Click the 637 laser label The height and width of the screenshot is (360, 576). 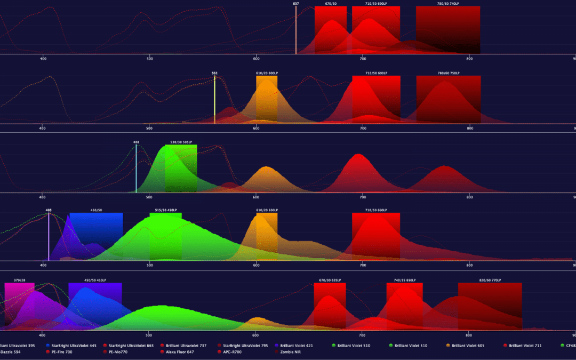[296, 4]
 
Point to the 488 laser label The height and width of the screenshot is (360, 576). [137, 142]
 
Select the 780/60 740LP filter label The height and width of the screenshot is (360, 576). [447, 4]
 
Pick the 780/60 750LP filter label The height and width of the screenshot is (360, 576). [448, 73]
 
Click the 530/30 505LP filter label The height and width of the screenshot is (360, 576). [181, 142]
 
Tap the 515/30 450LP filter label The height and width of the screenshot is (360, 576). [165, 210]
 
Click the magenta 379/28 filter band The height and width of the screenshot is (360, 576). [20, 304]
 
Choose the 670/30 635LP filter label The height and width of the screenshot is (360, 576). [330, 280]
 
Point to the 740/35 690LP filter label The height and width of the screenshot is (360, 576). [404, 280]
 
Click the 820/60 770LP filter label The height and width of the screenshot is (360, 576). [490, 280]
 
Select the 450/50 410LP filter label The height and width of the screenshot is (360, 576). [95, 280]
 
